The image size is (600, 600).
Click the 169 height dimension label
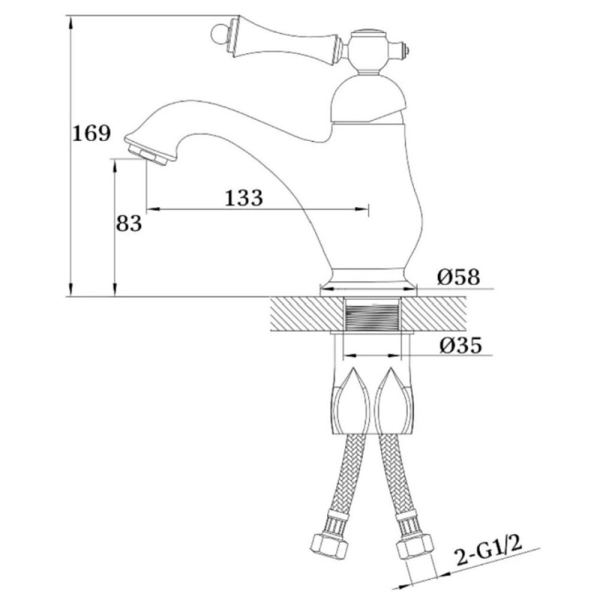pyautogui.click(x=91, y=133)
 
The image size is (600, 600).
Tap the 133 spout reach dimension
pyautogui.click(x=244, y=198)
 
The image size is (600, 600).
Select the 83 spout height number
pyautogui.click(x=129, y=223)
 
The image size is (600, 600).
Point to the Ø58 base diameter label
pyautogui.click(x=458, y=277)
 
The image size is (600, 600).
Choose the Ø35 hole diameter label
pyautogui.click(x=460, y=345)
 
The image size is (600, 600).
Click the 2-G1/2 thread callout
pyautogui.click(x=489, y=550)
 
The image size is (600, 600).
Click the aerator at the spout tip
pyautogui.click(x=148, y=153)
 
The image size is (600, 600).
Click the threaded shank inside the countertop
pyautogui.click(x=372, y=314)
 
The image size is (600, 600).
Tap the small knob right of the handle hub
pyautogui.click(x=403, y=49)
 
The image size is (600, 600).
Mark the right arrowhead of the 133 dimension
pyautogui.click(x=361, y=209)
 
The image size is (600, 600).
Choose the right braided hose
pyautogui.click(x=397, y=478)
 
